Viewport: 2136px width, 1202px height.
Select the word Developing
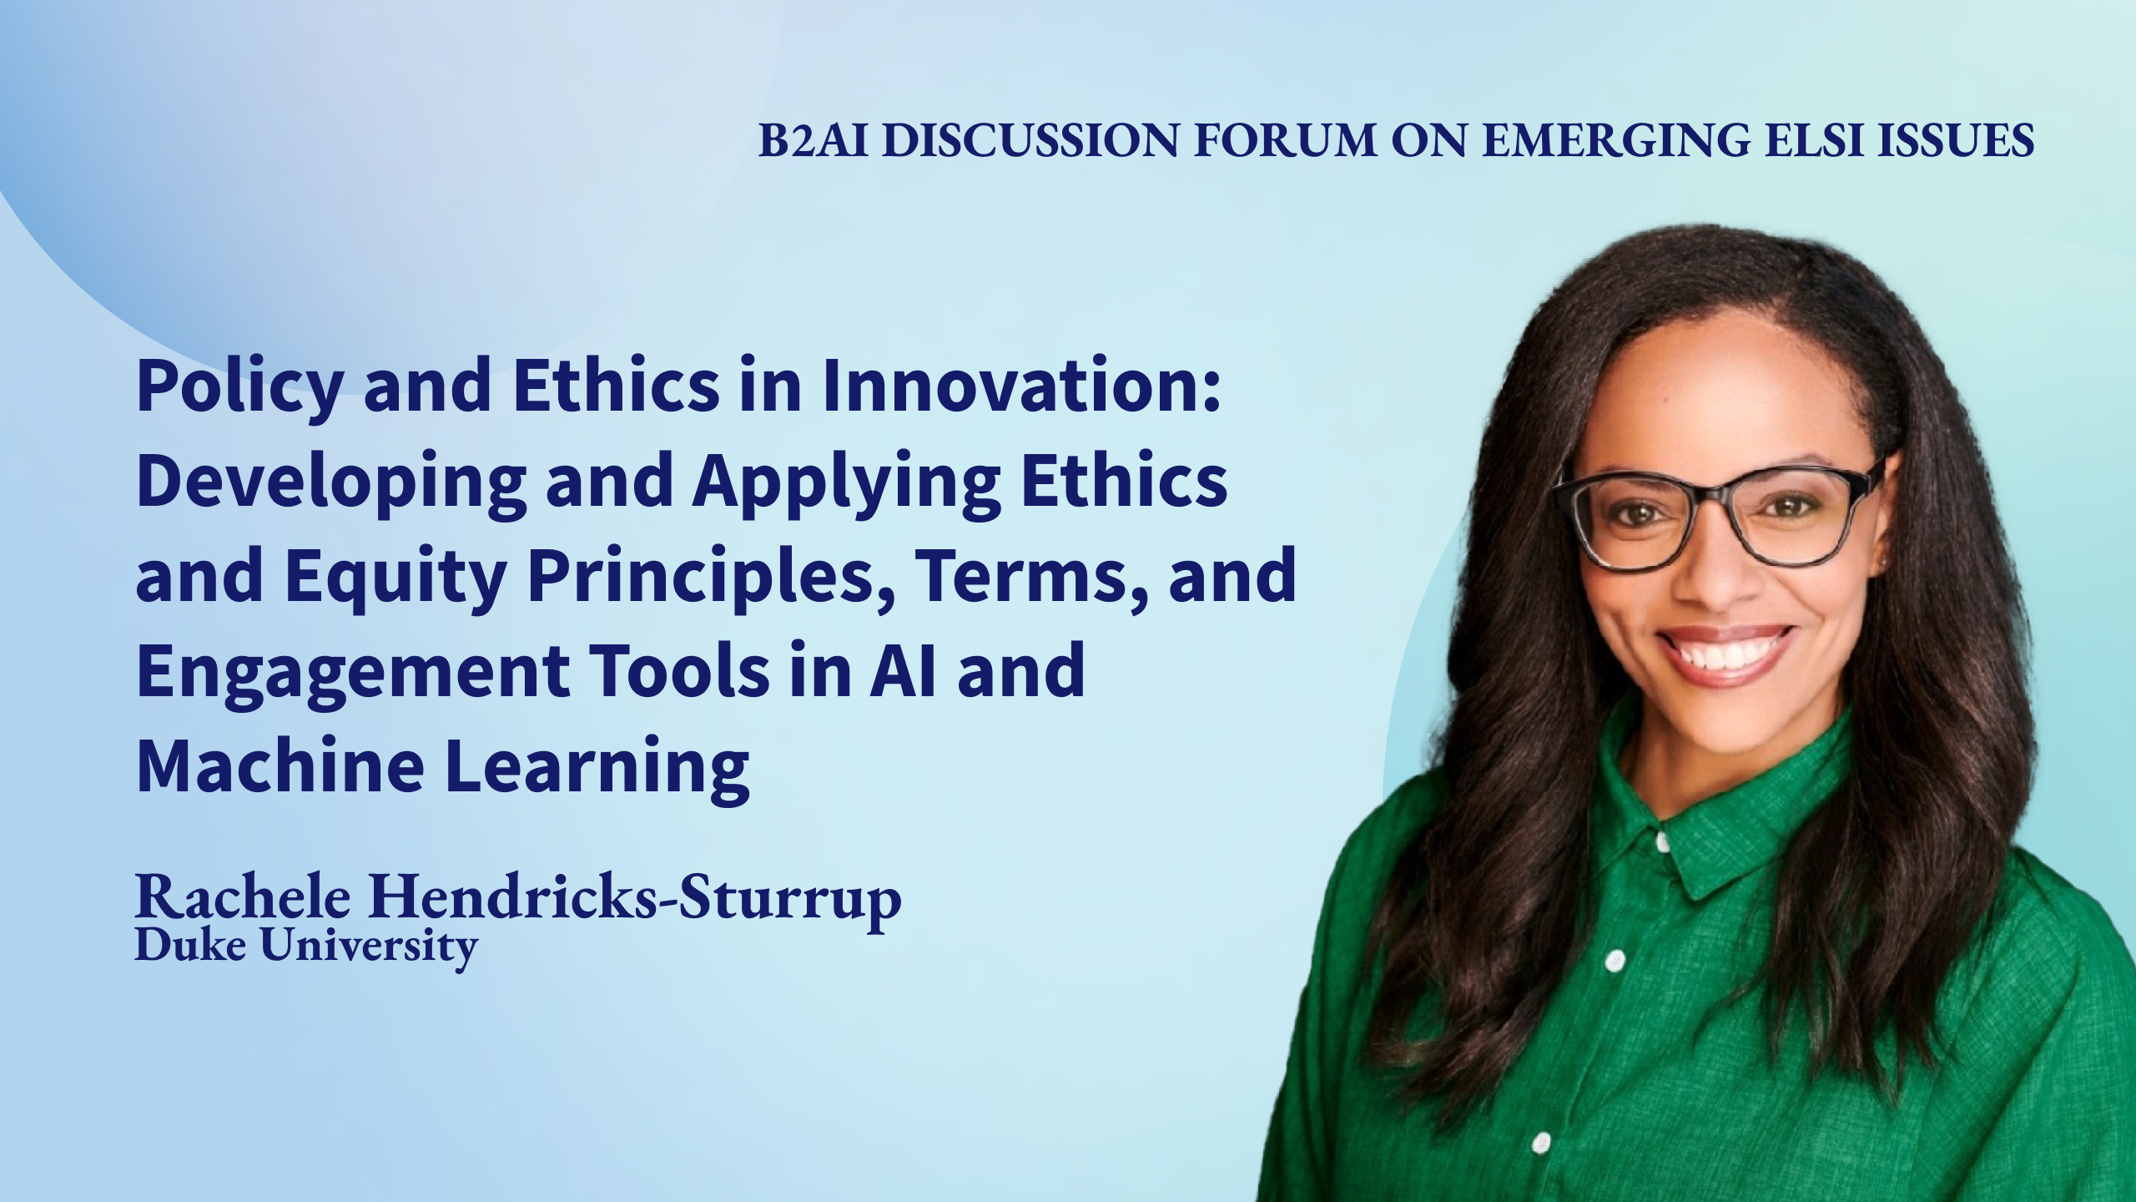point(330,485)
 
